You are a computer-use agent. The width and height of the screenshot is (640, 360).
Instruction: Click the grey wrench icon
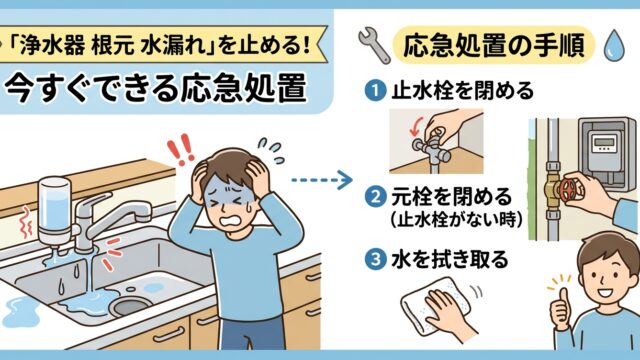pos(374,45)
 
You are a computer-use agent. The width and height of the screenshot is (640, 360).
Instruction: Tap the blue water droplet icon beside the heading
pos(614,46)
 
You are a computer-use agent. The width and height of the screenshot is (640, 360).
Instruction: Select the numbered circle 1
pos(375,90)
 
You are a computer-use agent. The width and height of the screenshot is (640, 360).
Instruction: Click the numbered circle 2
pos(375,197)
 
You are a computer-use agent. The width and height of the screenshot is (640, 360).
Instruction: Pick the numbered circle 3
pos(375,260)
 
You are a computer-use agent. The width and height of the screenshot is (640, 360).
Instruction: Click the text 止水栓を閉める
pos(462,90)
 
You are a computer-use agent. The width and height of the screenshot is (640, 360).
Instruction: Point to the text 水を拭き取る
pos(450,260)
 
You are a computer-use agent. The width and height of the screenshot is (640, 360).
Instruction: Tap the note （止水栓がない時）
pos(456,220)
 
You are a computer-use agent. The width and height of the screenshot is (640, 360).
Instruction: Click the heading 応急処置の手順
pos(493,45)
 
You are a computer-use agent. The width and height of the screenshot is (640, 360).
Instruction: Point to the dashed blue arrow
pos(322,180)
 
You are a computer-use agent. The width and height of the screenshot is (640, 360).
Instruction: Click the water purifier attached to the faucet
pos(54,212)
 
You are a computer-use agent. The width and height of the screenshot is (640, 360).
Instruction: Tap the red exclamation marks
pos(180,149)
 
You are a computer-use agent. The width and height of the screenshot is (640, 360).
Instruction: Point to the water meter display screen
pos(604,143)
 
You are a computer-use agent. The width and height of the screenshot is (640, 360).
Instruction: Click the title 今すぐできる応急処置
pos(156,88)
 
